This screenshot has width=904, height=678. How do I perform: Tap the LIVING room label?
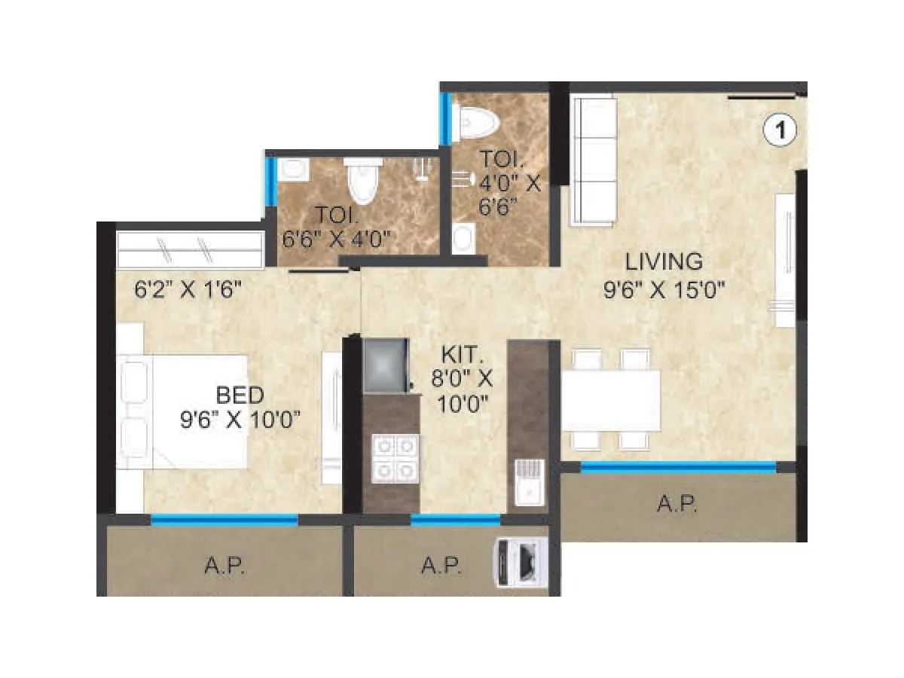pos(664,262)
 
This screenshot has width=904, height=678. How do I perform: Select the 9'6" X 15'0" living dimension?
pos(664,290)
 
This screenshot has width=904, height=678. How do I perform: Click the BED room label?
pos(240,395)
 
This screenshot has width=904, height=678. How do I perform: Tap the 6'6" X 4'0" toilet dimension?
pos(335,240)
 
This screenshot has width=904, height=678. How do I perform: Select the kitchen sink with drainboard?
pos(527,482)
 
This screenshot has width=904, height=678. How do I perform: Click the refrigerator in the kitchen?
pos(386,365)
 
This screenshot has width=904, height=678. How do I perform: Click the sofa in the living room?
pos(594,162)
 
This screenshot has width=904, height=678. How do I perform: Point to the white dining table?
pos(611,399)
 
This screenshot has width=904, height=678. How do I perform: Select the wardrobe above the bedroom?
pos(191,249)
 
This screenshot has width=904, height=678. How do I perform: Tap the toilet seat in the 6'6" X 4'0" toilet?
pos(360,181)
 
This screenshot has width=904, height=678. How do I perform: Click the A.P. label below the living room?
pos(677,505)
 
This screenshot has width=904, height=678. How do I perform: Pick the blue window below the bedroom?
pos(224,518)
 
